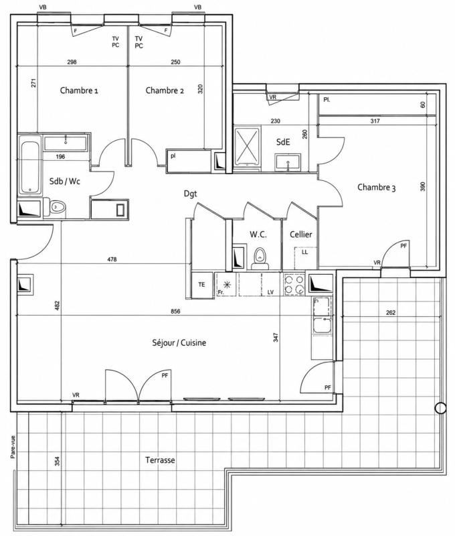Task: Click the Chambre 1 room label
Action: click(79, 90)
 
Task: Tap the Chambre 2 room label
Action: click(165, 90)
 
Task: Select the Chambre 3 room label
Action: click(377, 188)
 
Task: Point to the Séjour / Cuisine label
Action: click(179, 343)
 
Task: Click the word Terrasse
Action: click(160, 460)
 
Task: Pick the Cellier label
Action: click(301, 234)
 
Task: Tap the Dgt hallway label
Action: click(191, 194)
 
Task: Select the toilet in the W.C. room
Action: click(260, 259)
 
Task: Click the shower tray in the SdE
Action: click(247, 145)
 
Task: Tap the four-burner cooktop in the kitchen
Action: click(294, 284)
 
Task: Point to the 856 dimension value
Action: click(175, 312)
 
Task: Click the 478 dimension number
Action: click(112, 259)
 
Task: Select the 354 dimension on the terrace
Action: click(58, 461)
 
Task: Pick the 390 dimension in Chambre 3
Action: click(423, 186)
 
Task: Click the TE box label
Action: click(201, 284)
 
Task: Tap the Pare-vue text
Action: click(13, 447)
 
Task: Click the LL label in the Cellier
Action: click(305, 253)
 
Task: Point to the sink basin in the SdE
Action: click(288, 162)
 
